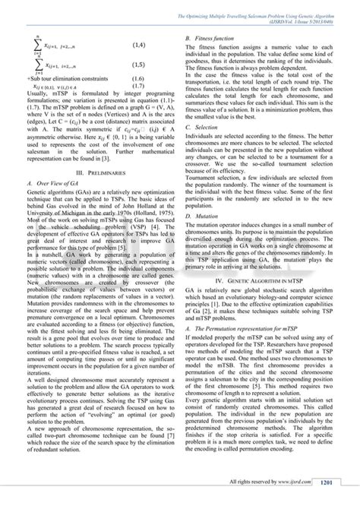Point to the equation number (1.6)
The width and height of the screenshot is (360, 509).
tap(138, 78)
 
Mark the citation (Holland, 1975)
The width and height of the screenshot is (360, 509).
tap(157, 220)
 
